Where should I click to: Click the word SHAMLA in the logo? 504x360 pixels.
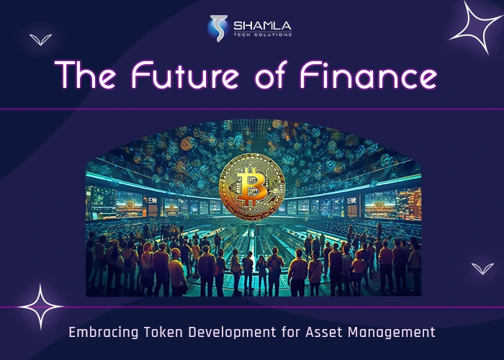tap(262, 26)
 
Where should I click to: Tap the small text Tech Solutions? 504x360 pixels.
tap(262, 35)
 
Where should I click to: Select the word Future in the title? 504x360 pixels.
tap(177, 76)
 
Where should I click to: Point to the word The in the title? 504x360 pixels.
tap(86, 76)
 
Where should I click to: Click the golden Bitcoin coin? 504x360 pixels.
tap(252, 186)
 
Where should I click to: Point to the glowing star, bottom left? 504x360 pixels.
tap(40, 307)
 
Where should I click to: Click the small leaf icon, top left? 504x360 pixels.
tap(40, 40)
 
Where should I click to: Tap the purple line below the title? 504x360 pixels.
tap(252, 109)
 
